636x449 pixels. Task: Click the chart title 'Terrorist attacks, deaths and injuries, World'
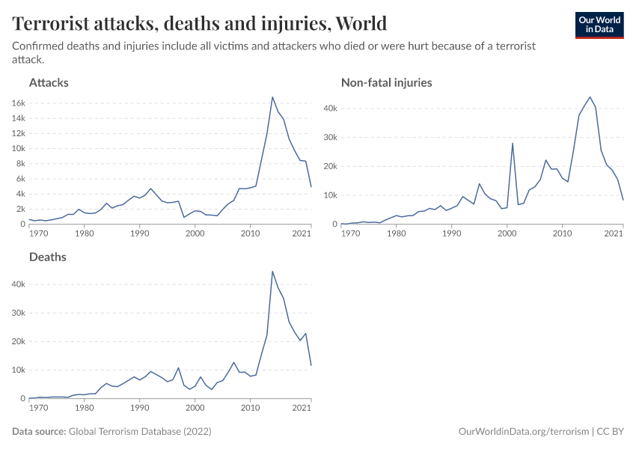200,23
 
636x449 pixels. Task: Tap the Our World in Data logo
599,24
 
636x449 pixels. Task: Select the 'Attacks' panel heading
49,82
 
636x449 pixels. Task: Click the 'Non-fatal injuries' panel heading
386,82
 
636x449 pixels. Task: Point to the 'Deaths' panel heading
48,257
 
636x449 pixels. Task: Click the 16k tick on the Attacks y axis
16,103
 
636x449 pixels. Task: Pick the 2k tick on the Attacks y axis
19,209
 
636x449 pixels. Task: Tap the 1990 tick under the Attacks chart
139,233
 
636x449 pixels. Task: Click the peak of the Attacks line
272,97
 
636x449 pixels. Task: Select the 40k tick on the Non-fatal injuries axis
329,109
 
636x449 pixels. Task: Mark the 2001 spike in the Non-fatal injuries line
513,143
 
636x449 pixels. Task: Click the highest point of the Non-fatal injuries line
590,97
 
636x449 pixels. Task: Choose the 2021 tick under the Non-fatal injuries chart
614,233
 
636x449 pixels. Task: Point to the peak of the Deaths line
272,271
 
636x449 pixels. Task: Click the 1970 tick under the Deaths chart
38,408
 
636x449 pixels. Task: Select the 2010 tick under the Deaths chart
250,408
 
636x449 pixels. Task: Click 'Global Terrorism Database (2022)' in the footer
139,432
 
